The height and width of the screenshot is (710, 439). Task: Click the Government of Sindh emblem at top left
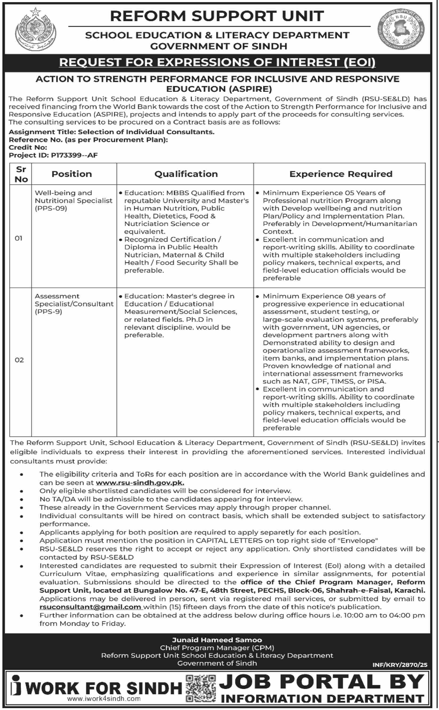click(36, 29)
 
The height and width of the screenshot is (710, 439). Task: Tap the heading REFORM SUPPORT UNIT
click(217, 16)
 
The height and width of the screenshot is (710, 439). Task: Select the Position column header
click(72, 174)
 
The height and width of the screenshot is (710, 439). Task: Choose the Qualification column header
click(186, 174)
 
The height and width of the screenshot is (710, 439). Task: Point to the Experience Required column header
click(341, 174)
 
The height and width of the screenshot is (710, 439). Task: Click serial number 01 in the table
click(19, 238)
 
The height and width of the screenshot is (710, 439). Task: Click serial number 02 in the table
click(19, 360)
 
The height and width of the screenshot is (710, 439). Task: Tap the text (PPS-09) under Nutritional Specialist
click(51, 208)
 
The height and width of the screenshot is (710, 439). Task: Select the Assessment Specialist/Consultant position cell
click(74, 304)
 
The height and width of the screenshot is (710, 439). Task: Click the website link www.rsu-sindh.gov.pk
click(140, 483)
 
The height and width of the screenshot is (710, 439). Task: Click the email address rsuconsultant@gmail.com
click(90, 607)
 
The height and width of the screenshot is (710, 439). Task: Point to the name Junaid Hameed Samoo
click(217, 640)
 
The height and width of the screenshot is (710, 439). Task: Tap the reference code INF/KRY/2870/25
click(400, 665)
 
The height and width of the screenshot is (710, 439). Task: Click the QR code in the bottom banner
click(201, 688)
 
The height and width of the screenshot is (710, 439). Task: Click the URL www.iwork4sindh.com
click(104, 699)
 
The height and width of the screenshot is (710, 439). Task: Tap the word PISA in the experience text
click(377, 381)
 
